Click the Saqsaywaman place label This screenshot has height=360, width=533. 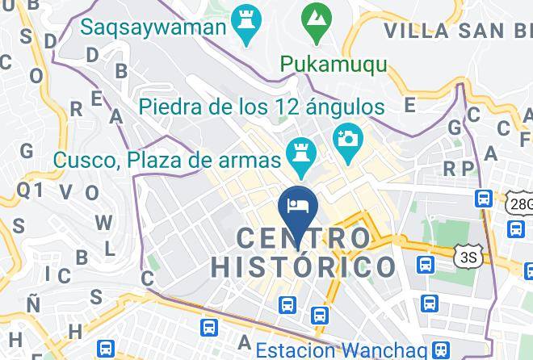point(154,27)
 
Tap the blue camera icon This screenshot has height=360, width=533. point(348,136)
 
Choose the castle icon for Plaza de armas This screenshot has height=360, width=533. point(302,156)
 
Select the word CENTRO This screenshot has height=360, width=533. point(304,238)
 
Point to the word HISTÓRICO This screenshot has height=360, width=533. point(304,266)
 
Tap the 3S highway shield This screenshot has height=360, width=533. point(467,257)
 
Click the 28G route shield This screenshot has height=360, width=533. point(521,204)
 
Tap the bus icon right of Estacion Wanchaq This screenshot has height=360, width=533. point(440,350)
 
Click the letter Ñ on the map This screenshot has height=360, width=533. point(33,304)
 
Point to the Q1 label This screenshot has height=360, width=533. point(29,190)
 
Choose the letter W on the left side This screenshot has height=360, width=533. point(103,222)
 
